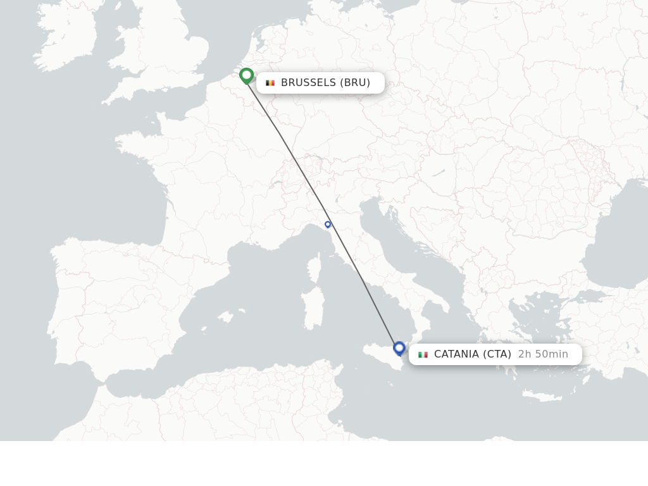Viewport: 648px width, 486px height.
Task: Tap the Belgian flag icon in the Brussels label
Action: coord(270,83)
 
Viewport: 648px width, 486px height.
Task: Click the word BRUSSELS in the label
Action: coord(308,83)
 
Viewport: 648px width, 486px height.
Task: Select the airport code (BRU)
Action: coord(355,83)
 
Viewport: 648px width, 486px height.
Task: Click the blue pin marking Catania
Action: coord(399,348)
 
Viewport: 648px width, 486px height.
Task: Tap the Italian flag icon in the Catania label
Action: coord(423,354)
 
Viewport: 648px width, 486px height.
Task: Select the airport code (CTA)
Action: coord(497,354)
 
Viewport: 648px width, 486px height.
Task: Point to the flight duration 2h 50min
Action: coord(543,354)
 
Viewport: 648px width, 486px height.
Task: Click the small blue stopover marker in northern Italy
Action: coord(328,224)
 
